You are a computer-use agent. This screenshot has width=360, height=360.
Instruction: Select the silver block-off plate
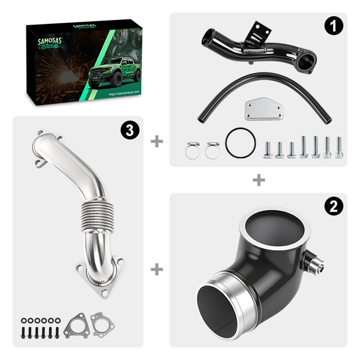coord(262,110)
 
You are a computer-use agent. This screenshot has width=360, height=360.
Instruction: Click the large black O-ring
coord(241,143)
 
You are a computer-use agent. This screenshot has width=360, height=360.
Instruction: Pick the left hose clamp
coord(192,149)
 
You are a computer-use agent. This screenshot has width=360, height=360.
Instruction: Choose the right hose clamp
coord(212,149)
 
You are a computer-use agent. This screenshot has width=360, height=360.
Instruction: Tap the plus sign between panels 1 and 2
coord(259,179)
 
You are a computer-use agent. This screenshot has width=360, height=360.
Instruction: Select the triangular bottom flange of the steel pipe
coord(100,277)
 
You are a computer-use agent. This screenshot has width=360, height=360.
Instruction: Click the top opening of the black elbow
coord(275,227)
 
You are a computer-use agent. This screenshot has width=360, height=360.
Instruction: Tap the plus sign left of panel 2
coord(157,269)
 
